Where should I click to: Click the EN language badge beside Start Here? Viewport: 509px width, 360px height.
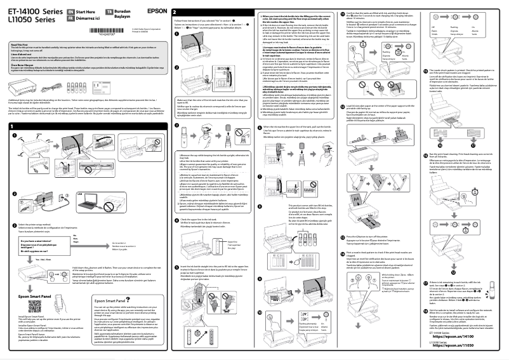[x=70, y=12]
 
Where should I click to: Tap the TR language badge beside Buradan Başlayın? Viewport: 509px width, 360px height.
[x=109, y=12]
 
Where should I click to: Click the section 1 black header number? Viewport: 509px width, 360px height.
[x=12, y=127]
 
